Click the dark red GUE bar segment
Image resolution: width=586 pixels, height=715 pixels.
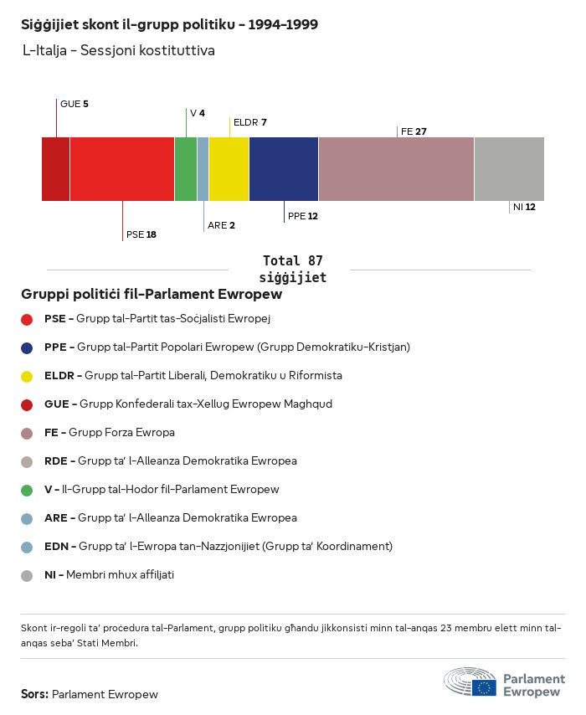tap(55, 169)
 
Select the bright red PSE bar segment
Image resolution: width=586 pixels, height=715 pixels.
tap(122, 169)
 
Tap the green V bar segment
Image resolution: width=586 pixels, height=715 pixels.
tap(185, 169)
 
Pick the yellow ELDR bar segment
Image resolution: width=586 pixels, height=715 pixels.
tap(229, 169)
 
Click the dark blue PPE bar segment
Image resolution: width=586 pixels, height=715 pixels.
tap(284, 169)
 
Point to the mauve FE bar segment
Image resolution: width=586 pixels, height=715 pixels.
tap(396, 169)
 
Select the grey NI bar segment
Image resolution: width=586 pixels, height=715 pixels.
tap(509, 169)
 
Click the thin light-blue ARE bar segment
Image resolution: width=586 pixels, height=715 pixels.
tap(203, 169)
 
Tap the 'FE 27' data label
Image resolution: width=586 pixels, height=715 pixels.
tap(414, 131)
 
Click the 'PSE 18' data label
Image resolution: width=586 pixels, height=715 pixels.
tap(141, 234)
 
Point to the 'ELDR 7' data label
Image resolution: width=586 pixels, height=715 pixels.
tap(249, 122)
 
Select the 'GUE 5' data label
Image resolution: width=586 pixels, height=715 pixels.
tap(74, 104)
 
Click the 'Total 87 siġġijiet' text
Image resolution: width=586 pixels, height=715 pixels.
tap(292, 270)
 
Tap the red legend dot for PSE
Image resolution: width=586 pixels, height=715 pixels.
tap(27, 319)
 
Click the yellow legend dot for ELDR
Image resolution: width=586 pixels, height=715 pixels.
tap(27, 376)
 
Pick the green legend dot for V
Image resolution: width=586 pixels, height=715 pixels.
tap(27, 490)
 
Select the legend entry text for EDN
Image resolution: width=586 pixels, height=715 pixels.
tap(218, 547)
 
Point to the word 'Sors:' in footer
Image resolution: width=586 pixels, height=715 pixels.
tap(34, 694)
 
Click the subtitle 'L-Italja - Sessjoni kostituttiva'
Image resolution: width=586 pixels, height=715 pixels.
tap(119, 51)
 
